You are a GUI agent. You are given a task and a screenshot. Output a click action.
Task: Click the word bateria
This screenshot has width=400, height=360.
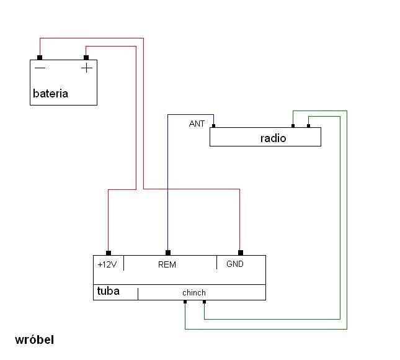point(50,94)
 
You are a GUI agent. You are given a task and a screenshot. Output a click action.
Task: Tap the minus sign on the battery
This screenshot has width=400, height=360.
point(40,68)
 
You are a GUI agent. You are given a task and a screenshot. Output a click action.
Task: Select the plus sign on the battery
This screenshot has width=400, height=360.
point(87,68)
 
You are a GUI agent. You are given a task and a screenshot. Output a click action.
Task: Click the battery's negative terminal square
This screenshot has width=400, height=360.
point(40,58)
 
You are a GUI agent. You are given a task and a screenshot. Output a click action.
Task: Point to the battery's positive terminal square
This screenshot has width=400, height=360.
point(86,58)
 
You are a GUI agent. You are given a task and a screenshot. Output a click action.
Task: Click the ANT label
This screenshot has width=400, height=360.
point(197,124)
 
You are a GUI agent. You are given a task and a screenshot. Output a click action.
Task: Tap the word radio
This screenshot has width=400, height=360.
point(273,138)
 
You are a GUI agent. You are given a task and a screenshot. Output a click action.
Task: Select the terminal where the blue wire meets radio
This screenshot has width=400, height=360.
point(213,127)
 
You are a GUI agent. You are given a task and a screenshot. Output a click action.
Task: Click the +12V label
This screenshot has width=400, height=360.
point(107,264)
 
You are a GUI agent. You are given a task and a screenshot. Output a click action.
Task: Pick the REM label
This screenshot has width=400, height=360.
point(167,264)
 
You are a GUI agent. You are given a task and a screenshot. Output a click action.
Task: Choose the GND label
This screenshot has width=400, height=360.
point(235,264)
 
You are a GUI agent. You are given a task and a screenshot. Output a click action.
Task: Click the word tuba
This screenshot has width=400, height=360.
point(109,291)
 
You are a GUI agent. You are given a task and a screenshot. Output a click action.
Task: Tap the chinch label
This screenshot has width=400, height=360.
point(194,292)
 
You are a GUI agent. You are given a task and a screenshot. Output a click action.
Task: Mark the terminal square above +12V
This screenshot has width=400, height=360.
point(109,253)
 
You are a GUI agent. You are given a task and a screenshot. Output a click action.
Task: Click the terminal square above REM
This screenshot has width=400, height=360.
point(168,253)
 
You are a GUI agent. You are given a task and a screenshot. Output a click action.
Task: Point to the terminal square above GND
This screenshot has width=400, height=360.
point(240,253)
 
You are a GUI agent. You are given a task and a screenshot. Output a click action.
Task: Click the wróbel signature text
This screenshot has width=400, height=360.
point(35,340)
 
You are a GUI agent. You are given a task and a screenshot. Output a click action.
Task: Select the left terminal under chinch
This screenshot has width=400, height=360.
point(185,302)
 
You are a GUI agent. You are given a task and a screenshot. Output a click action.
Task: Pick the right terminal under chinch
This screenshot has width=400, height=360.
point(204,302)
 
